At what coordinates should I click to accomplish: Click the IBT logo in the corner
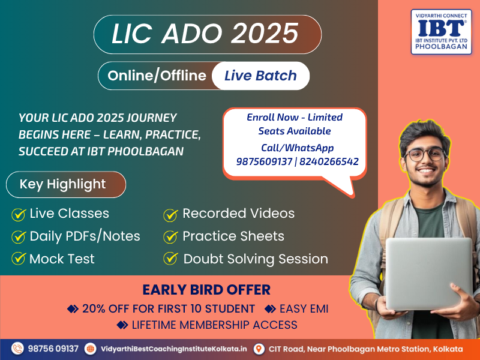441,32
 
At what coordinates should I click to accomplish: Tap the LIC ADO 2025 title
205,34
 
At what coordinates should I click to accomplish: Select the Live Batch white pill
260,76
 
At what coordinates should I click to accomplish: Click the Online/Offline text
157,76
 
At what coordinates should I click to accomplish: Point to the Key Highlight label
62,184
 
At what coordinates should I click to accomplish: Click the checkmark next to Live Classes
19,214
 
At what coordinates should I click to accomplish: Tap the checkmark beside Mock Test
19,258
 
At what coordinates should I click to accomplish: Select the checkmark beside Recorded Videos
171,215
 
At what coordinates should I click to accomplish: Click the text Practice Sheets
233,236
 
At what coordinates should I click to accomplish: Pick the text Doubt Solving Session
256,259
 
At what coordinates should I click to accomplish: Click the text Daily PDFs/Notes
85,236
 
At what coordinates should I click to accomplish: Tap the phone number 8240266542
329,161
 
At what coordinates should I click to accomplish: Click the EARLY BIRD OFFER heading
206,290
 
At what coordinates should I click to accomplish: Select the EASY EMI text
304,308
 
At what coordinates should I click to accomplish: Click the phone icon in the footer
17,349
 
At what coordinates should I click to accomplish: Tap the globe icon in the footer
91,349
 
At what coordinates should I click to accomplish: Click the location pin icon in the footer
259,349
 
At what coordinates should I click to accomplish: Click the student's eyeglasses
425,154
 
